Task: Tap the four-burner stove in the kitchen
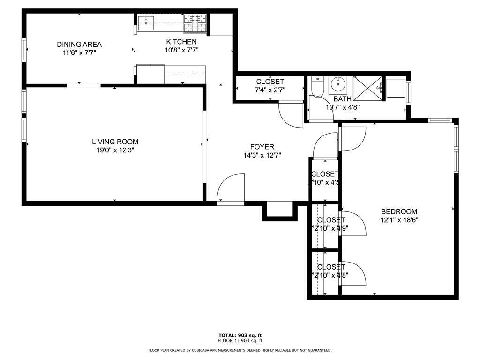[195, 23]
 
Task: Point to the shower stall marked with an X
[367, 87]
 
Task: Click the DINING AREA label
[79, 45]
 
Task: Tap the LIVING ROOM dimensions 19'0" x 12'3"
[115, 150]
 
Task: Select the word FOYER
[262, 147]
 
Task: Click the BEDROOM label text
[399, 211]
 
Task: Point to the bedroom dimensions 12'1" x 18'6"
[399, 219]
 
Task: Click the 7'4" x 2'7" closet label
[270, 90]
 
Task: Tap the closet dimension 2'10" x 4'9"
[331, 228]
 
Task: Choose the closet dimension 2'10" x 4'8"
[331, 275]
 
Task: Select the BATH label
[342, 99]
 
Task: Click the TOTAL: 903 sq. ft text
[240, 335]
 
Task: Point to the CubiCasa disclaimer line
[240, 350]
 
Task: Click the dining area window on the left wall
[23, 50]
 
